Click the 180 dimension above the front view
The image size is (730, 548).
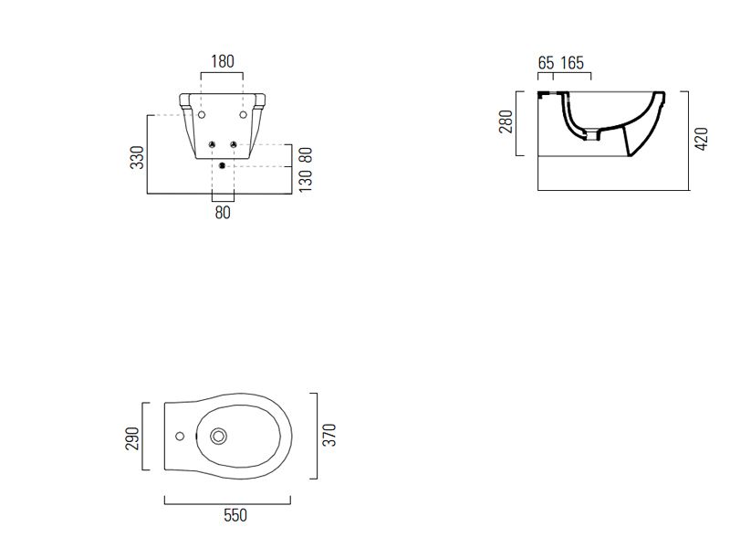click(x=223, y=61)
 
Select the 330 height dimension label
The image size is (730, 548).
click(x=138, y=157)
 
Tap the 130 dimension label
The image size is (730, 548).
click(x=306, y=181)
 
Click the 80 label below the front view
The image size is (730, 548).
click(x=223, y=213)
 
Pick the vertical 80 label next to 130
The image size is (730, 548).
click(x=306, y=155)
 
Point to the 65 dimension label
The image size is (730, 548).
click(x=546, y=63)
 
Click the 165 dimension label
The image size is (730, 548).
click(x=572, y=63)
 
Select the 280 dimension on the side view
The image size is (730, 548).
click(x=506, y=121)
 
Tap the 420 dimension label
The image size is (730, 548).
click(x=701, y=139)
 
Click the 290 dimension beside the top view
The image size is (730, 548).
click(x=132, y=438)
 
